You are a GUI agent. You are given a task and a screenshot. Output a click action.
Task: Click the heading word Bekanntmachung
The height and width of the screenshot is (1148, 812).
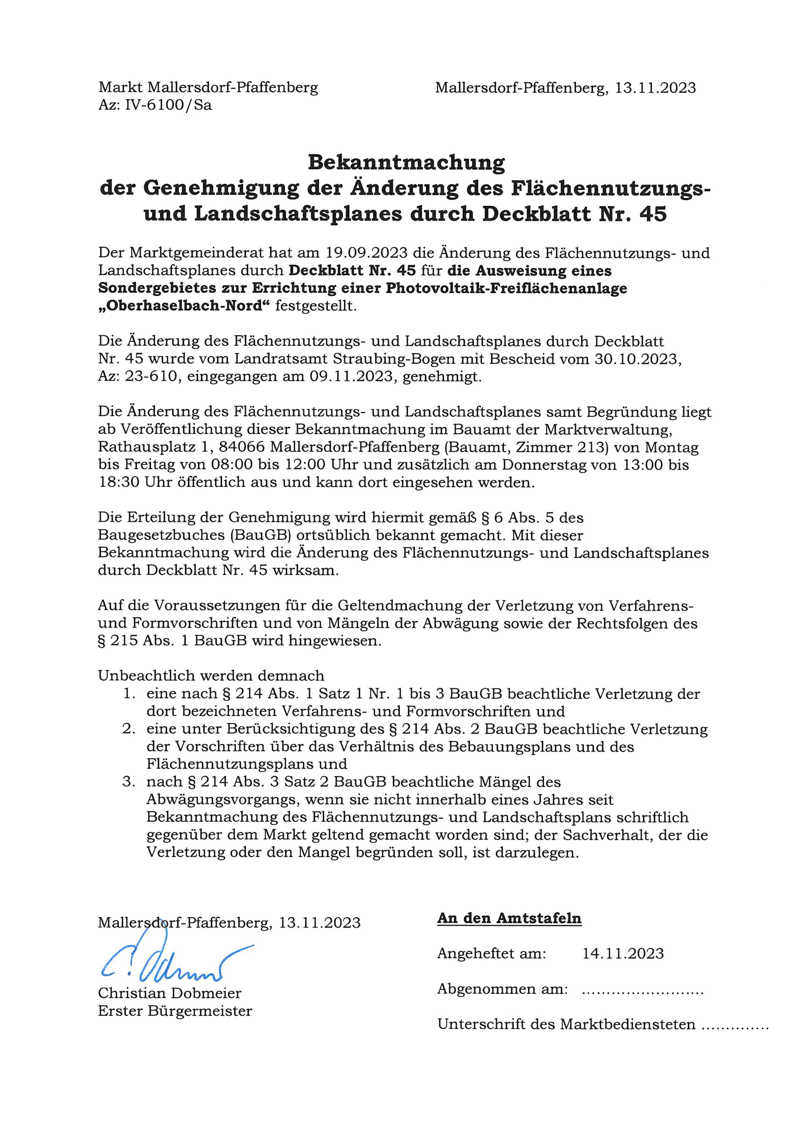click(406, 162)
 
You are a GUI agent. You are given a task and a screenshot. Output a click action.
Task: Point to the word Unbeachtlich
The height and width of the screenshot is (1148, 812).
click(146, 676)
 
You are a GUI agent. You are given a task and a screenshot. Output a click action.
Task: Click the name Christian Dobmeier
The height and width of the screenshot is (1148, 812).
click(170, 993)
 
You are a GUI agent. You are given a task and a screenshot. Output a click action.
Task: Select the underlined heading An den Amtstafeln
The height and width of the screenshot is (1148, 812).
click(509, 919)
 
